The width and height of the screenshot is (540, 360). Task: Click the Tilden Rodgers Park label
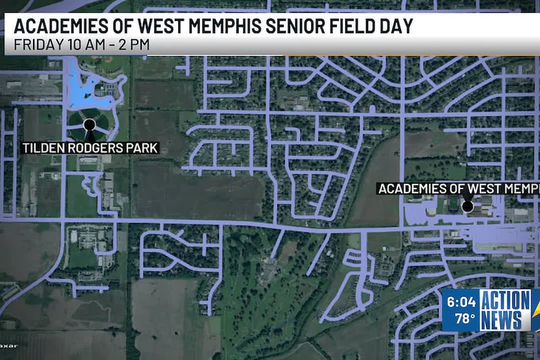coord(90,147)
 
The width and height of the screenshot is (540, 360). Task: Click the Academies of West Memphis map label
coord(459,188)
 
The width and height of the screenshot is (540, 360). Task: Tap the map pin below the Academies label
coord(467,206)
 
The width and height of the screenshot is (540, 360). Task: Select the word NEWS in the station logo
coord(502,319)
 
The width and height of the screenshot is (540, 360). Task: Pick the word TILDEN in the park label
coord(41,147)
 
